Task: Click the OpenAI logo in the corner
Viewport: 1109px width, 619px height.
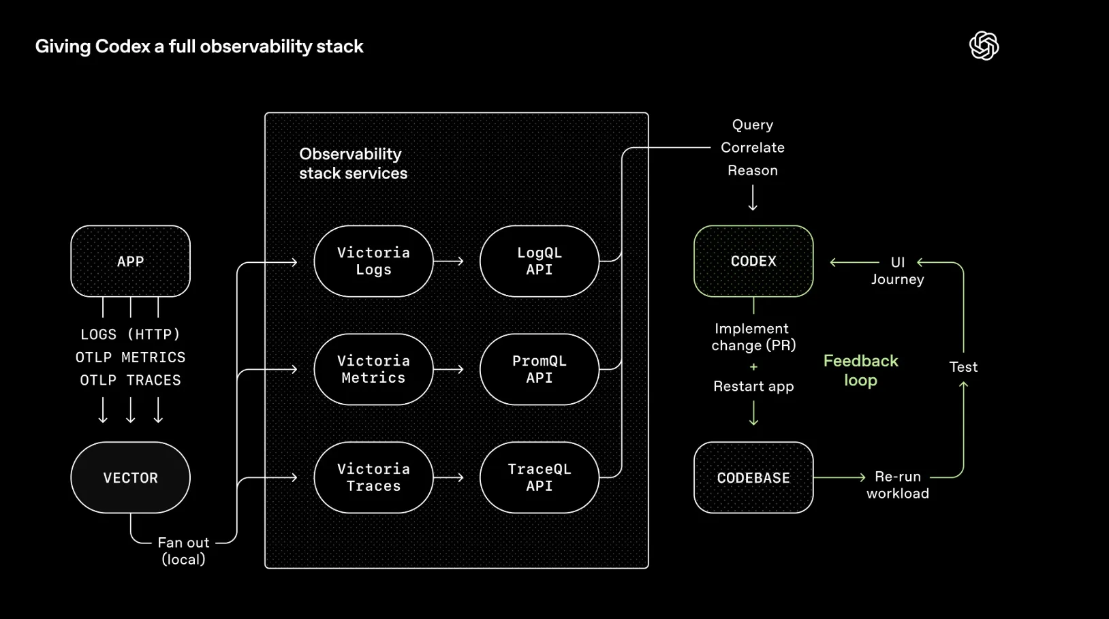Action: click(x=984, y=46)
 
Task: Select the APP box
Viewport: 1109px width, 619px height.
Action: click(x=130, y=261)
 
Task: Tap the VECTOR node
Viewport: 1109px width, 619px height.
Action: click(x=130, y=477)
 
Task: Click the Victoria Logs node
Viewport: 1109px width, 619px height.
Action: click(x=373, y=261)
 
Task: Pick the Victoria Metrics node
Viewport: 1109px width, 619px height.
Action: click(x=373, y=369)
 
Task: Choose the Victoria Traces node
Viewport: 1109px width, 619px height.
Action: click(x=373, y=477)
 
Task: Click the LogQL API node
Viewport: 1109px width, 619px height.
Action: click(x=539, y=261)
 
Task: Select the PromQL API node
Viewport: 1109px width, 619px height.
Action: click(x=539, y=369)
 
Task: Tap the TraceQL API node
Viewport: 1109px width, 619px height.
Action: click(x=539, y=477)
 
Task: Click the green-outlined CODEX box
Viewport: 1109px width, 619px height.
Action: click(x=753, y=261)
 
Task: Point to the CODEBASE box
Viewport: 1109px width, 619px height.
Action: click(x=753, y=477)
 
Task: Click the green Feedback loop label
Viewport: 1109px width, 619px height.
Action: click(x=860, y=370)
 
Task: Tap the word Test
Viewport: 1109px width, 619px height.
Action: click(x=963, y=367)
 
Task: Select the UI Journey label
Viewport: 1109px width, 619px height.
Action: click(x=898, y=270)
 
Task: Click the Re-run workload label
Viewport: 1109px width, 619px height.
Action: click(x=898, y=485)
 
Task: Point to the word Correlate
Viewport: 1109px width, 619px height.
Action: click(x=753, y=148)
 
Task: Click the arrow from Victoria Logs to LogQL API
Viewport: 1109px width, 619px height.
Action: click(x=448, y=261)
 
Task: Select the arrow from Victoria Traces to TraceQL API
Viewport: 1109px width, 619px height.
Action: click(x=448, y=477)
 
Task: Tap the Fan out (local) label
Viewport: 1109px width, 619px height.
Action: click(x=183, y=551)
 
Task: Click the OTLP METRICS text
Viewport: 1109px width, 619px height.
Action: click(x=130, y=358)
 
